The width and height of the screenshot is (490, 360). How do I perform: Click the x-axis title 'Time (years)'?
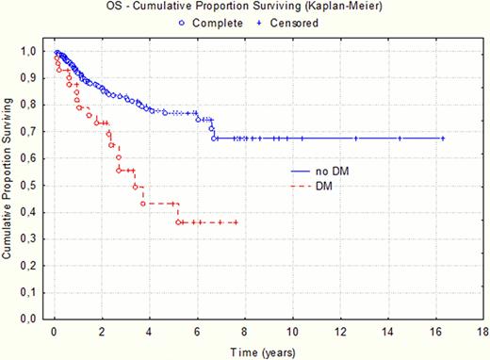pyautogui.click(x=263, y=351)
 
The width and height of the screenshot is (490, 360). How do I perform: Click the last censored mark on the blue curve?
pyautogui.click(x=442, y=139)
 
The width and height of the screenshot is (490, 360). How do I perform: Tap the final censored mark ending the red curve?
pyautogui.click(x=236, y=222)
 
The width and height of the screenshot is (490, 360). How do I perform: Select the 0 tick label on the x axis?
pyautogui.click(x=55, y=333)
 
